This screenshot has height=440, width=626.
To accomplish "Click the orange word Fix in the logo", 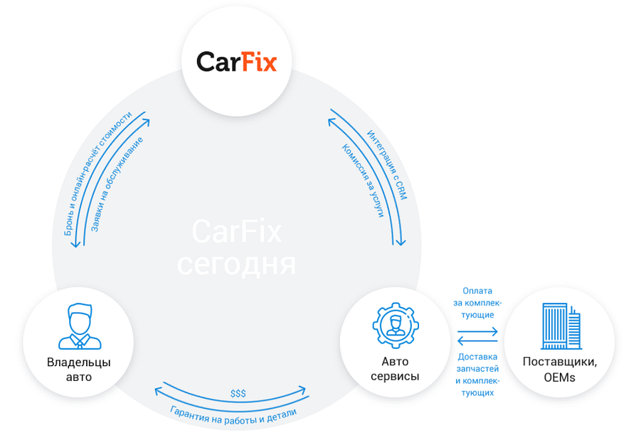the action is (x=259, y=62).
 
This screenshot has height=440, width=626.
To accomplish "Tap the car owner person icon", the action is (x=80, y=326).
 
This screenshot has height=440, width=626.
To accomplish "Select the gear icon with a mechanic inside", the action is (x=396, y=325).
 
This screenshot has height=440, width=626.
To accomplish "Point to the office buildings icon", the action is (x=561, y=326).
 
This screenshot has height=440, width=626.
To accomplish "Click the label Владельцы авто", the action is (x=79, y=370).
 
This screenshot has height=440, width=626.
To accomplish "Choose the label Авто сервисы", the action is (x=395, y=369).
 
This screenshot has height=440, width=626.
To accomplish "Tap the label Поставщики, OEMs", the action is (x=560, y=370).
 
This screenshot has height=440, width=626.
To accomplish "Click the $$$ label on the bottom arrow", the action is (x=238, y=394).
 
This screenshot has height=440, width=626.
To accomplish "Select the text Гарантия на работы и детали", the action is (x=233, y=417).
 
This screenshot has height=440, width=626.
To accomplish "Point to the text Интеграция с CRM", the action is (x=387, y=164).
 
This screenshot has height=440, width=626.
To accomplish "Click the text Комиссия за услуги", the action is (x=363, y=181).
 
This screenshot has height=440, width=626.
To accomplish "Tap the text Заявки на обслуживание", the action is (x=117, y=184).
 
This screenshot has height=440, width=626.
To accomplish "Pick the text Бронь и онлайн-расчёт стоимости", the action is (x=97, y=173).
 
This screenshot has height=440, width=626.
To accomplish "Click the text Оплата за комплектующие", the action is (x=477, y=303).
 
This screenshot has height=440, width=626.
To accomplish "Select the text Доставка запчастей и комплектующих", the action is (x=477, y=375).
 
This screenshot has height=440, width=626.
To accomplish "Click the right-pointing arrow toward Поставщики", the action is (x=477, y=331).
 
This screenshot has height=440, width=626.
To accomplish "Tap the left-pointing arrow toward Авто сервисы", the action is (x=477, y=340).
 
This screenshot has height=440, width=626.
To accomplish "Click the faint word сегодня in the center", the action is (x=236, y=264).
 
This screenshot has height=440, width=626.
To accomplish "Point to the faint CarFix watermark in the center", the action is (x=237, y=231).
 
